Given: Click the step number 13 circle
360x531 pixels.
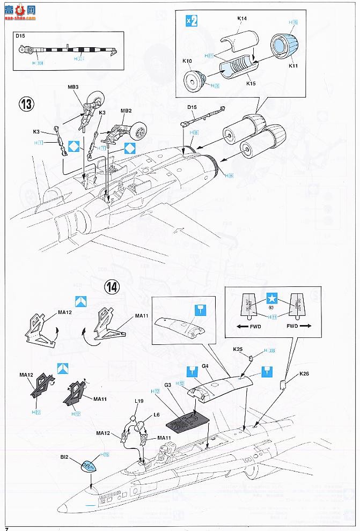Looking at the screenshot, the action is (x=25, y=104).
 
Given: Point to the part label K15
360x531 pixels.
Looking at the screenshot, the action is (x=250, y=84).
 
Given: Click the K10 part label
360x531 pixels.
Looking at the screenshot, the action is (x=187, y=61).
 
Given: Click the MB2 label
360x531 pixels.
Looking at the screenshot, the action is (x=126, y=111).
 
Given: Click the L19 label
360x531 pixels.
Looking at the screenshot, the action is (x=139, y=401).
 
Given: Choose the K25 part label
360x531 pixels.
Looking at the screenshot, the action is (x=238, y=350).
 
